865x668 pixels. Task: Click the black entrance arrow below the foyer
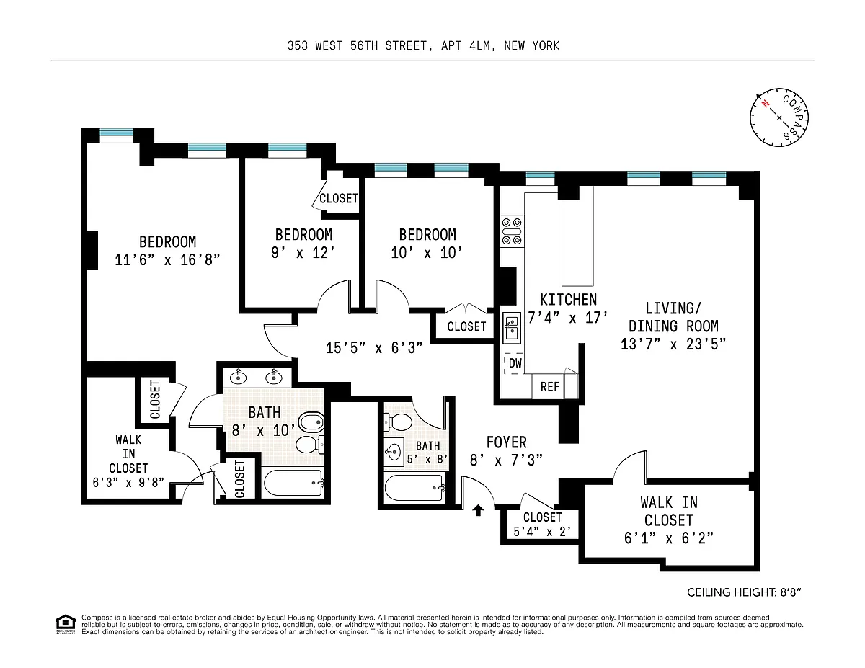pos(478,510)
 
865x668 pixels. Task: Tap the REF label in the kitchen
pos(550,386)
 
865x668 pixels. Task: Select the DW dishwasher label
pos(515,363)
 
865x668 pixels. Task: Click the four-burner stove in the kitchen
pos(512,231)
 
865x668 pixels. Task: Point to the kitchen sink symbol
pos(512,328)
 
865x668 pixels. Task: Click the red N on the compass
pos(765,104)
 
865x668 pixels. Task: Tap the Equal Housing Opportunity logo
pos(66,624)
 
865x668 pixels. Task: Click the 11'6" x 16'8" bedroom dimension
pos(167,260)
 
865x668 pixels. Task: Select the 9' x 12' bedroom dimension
pos(303,253)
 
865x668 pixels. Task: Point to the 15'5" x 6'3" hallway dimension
pos(374,348)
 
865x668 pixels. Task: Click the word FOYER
pos(506,442)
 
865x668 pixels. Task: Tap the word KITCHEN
pos(569,300)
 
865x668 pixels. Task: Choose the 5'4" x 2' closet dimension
pos(542,532)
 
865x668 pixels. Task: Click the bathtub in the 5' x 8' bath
pos(414,488)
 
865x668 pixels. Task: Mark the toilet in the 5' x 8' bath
pos(398,422)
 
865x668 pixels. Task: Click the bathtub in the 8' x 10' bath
pos(294,483)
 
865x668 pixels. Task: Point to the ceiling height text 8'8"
pos(791,592)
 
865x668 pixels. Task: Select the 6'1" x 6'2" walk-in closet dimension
pos(669,538)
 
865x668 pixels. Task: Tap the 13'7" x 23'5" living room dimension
pos(673,344)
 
